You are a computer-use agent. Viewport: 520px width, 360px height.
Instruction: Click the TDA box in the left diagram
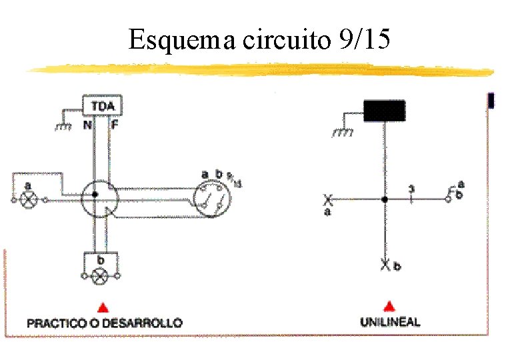coord(102,106)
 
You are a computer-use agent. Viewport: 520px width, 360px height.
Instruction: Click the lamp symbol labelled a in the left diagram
coord(29,199)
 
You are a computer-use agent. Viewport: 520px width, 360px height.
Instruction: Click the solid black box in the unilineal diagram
coord(384,110)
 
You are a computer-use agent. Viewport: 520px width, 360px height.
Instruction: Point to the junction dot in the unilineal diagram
coord(385,199)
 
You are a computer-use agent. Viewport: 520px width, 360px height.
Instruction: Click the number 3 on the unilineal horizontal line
coord(411,191)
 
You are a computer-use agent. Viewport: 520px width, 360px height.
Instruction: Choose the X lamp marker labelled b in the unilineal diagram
coord(385,265)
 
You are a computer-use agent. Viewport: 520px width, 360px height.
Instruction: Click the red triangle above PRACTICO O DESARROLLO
coord(103,307)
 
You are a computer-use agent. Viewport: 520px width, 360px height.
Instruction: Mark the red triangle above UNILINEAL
coord(390,307)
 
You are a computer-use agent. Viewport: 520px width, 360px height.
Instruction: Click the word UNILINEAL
coord(390,322)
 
